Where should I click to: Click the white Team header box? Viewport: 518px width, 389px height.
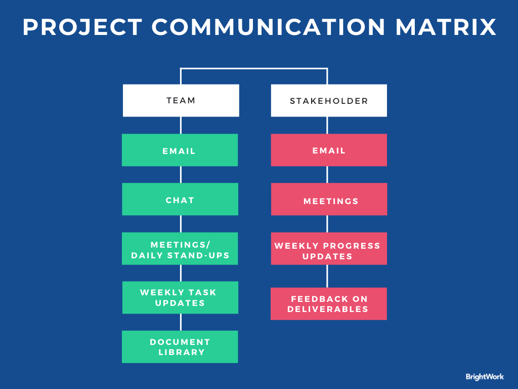click(x=181, y=100)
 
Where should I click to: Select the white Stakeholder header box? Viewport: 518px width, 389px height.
click(x=329, y=100)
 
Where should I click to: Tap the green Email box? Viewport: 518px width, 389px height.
click(x=180, y=150)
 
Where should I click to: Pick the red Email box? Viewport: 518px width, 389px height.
click(x=329, y=150)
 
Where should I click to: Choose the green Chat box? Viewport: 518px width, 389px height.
click(x=180, y=199)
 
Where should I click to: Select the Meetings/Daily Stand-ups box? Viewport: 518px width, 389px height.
click(x=180, y=248)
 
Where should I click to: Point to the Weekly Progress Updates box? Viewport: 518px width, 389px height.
click(x=329, y=248)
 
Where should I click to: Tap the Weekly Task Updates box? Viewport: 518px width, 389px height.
click(x=180, y=297)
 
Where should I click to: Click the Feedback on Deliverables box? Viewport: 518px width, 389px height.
click(x=329, y=303)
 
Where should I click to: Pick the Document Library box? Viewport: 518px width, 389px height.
click(x=180, y=347)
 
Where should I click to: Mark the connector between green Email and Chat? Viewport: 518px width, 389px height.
click(x=181, y=174)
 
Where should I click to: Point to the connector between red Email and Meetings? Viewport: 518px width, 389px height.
click(x=327, y=174)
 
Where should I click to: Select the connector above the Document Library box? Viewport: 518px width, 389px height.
click(x=181, y=322)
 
